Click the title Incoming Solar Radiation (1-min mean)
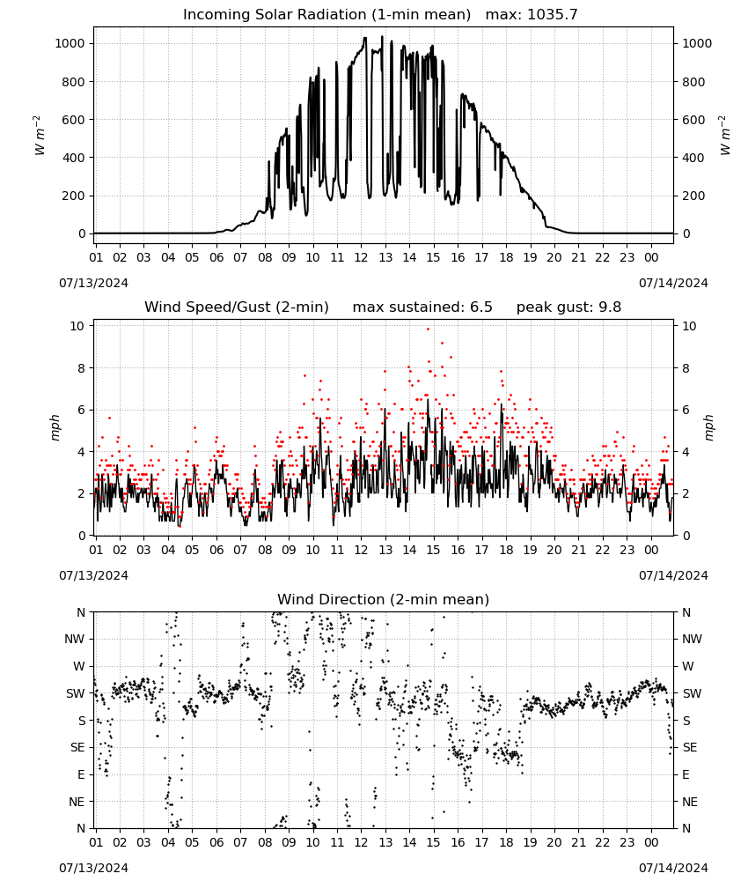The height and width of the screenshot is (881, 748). click(x=326, y=15)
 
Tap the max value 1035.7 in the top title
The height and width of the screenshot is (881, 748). click(x=552, y=15)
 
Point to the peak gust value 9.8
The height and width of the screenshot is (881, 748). click(x=609, y=307)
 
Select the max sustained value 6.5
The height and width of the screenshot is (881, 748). click(x=480, y=307)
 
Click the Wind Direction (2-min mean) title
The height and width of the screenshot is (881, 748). click(x=384, y=599)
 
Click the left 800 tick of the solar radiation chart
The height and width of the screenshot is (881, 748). click(x=74, y=82)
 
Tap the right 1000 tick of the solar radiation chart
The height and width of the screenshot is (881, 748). click(x=696, y=44)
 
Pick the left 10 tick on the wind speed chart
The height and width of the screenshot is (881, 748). click(x=77, y=327)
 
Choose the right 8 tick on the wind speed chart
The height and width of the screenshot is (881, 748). click(x=686, y=368)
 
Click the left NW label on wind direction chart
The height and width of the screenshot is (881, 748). click(x=75, y=640)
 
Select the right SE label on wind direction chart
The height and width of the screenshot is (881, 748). click(x=690, y=748)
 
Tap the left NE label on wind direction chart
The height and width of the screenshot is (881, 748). click(x=77, y=803)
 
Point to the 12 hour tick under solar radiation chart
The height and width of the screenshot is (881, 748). click(x=361, y=258)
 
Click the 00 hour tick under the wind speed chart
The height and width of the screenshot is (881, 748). click(x=651, y=550)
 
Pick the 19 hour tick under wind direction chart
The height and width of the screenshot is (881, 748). click(x=531, y=843)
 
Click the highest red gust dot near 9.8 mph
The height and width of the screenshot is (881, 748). click(x=429, y=329)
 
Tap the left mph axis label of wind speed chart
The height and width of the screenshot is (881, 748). click(x=55, y=427)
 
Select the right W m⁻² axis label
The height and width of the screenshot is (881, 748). click(x=724, y=136)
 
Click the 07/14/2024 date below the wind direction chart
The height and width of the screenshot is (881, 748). click(x=673, y=868)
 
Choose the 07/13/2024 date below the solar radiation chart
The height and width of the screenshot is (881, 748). click(x=93, y=283)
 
